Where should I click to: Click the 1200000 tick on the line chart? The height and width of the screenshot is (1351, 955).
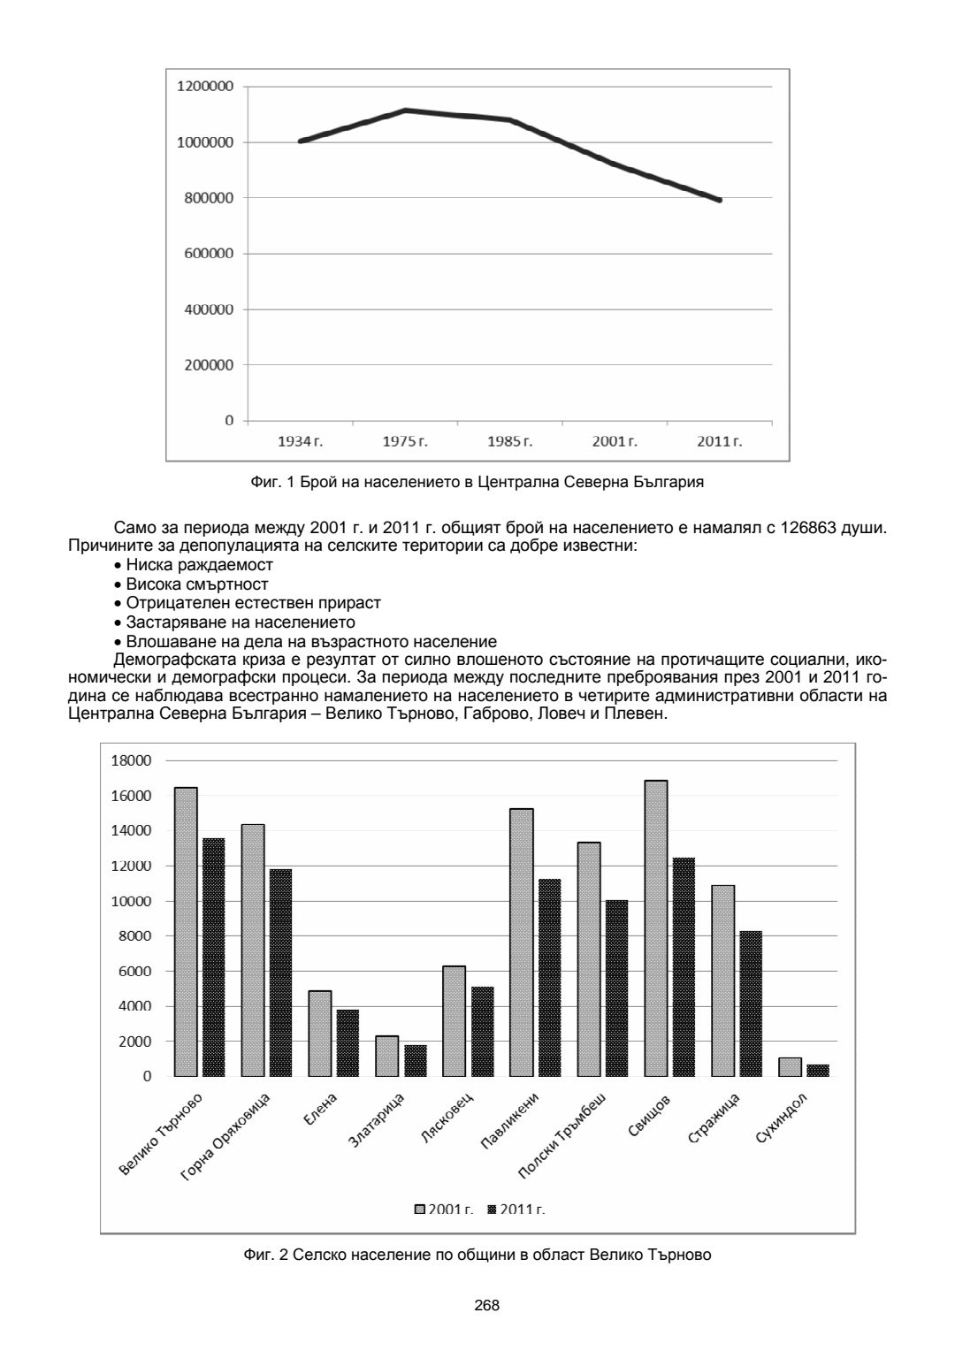click(x=205, y=87)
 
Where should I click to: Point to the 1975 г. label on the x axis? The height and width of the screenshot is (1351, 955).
click(x=405, y=441)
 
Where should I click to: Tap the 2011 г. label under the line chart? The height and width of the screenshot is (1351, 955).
click(x=720, y=441)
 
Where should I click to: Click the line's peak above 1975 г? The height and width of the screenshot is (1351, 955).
click(x=405, y=111)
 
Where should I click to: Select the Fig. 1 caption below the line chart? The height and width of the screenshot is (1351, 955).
click(x=477, y=483)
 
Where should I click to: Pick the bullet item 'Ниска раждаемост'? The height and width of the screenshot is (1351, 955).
click(x=199, y=565)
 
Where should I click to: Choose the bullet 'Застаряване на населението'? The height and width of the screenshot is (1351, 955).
click(x=241, y=622)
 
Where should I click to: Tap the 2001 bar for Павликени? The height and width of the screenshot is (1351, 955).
click(x=522, y=942)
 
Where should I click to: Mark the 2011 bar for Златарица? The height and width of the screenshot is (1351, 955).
click(x=416, y=1060)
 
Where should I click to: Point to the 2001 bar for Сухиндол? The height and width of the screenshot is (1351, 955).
click(x=790, y=1066)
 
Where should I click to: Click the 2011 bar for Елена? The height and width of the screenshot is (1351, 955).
click(x=348, y=1042)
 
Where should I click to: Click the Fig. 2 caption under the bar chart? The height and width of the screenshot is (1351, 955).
click(x=477, y=1254)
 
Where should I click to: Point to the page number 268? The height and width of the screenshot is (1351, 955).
click(x=487, y=1305)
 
